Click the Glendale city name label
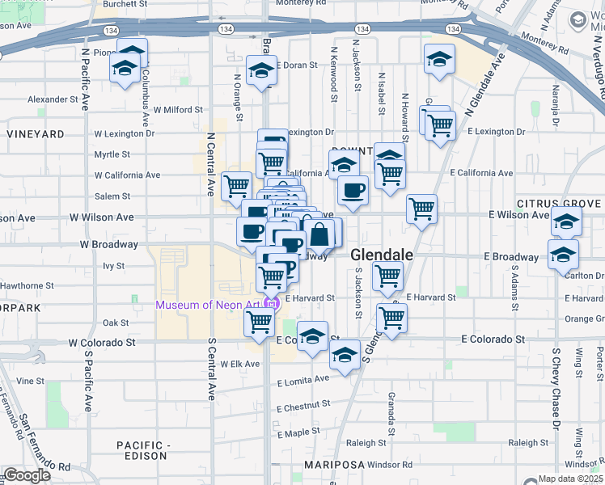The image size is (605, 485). [382, 255]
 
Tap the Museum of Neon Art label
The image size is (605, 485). [210, 305]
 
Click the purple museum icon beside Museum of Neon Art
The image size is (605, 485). [273, 305]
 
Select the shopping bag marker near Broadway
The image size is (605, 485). [320, 234]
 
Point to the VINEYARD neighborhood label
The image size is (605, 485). [35, 133]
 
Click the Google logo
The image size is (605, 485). [27, 475]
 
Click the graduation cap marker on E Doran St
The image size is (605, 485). [261, 72]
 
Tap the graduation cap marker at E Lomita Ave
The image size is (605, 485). [345, 354]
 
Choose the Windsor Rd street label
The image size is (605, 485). [389, 465]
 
